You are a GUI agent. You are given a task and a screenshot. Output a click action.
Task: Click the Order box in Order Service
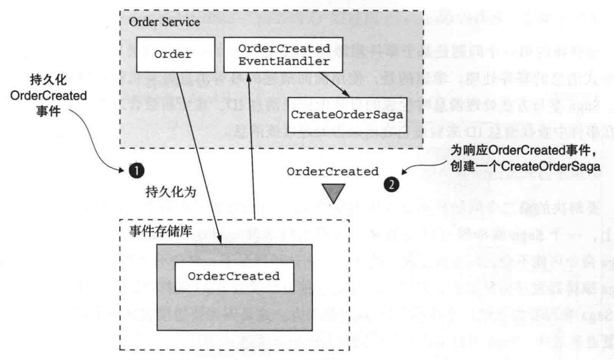[173, 54]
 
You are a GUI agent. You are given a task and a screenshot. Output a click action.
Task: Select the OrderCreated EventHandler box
[284, 55]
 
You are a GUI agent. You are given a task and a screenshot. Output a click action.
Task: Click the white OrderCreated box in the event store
[233, 276]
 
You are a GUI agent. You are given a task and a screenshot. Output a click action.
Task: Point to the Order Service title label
[164, 23]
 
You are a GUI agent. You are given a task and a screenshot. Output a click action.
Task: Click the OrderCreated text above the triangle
[333, 171]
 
